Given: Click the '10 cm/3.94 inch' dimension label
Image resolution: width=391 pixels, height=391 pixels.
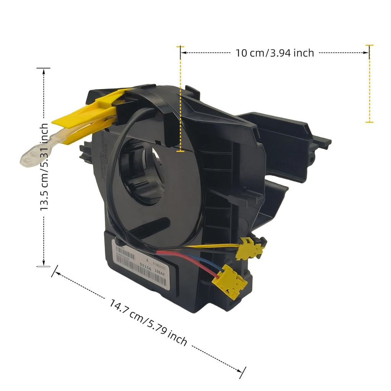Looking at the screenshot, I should (275, 53).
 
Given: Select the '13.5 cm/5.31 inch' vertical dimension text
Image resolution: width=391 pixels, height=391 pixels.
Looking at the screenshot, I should (45, 167).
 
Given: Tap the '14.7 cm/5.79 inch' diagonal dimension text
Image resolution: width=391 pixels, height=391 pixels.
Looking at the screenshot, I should (149, 323).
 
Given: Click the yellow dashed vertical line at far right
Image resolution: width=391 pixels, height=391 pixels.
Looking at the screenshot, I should (369, 84).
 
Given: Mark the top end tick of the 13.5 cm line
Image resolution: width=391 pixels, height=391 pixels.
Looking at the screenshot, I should (44, 68).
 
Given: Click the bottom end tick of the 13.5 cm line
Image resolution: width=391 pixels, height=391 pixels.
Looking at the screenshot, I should (44, 266).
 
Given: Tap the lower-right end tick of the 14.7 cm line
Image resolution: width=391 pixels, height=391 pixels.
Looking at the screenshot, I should (241, 372).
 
